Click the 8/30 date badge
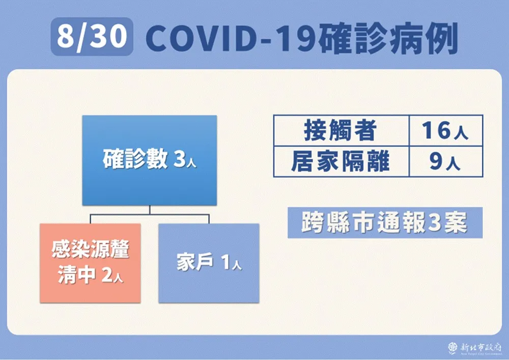point(92,36)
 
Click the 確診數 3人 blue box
point(149,160)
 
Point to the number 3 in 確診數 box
point(179,159)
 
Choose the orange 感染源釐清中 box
point(90,263)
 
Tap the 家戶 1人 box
point(209,263)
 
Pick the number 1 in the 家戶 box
point(226,262)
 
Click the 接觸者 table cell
point(342,130)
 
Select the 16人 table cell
point(446,130)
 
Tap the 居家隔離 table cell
point(342,161)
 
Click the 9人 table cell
point(446,161)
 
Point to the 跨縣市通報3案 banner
point(385,223)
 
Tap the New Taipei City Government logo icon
point(453,348)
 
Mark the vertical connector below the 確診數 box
point(150,210)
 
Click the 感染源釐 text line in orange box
point(90,250)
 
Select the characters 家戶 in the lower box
point(195,262)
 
